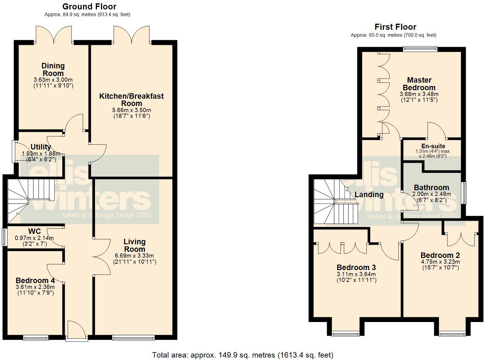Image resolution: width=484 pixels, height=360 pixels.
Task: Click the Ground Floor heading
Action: (89, 6)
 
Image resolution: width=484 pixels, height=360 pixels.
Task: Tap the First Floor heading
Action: (395, 27)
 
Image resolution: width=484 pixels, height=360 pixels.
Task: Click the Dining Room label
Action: (53, 69)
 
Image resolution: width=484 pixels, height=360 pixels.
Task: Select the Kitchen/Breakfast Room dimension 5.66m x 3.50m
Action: (132, 110)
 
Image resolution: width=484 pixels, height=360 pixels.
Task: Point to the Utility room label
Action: (41, 147)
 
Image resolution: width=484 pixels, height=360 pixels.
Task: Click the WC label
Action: (35, 231)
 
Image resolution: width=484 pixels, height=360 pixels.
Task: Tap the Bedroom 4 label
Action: (35, 280)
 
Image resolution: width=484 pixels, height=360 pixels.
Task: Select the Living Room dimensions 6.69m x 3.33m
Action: (134, 255)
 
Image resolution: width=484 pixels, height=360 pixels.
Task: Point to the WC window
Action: (4, 237)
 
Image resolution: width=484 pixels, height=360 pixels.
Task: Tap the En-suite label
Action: (433, 146)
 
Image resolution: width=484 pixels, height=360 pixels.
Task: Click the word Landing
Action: (369, 194)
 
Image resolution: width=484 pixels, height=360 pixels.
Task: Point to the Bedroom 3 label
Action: (356, 267)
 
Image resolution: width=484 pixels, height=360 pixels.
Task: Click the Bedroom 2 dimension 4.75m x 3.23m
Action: (440, 262)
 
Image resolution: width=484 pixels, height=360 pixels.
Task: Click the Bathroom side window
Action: (464, 193)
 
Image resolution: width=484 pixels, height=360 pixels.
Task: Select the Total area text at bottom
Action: (242, 355)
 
